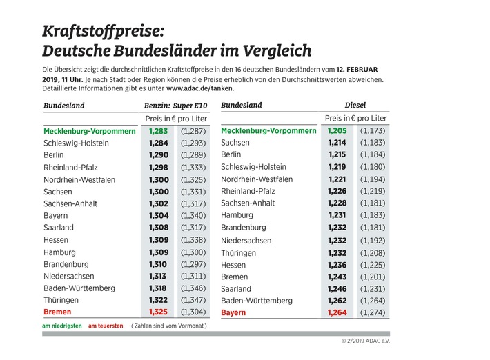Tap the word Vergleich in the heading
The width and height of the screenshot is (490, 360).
(277, 51)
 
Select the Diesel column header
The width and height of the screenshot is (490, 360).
(355, 106)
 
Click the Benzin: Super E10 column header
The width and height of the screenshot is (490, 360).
(175, 106)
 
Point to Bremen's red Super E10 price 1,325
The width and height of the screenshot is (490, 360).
(158, 312)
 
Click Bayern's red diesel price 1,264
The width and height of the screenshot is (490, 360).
(337, 312)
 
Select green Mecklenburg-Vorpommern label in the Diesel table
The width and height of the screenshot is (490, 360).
(268, 131)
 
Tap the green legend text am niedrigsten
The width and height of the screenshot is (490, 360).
(62, 326)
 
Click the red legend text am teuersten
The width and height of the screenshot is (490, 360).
(106, 326)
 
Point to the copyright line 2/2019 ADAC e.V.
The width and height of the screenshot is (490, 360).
(366, 341)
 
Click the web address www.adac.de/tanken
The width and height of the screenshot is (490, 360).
(199, 88)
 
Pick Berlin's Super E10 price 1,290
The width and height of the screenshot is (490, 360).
(159, 155)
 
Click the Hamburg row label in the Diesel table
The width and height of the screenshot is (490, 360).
(237, 215)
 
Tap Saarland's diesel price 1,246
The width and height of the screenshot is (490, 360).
(337, 289)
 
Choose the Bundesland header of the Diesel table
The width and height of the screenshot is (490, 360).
(242, 106)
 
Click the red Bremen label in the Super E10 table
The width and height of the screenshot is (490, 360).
(57, 312)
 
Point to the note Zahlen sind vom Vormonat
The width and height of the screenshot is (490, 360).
(169, 326)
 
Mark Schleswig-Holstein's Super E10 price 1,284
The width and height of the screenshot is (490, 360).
(159, 143)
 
